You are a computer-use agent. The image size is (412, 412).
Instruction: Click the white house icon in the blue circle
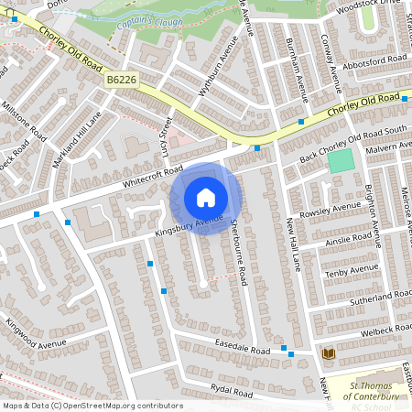tap(206, 198)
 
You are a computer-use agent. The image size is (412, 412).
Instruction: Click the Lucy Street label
tap(168, 136)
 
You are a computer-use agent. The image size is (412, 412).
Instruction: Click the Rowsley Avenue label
tap(333, 209)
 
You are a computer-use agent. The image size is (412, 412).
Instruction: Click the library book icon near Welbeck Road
tap(328, 352)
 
